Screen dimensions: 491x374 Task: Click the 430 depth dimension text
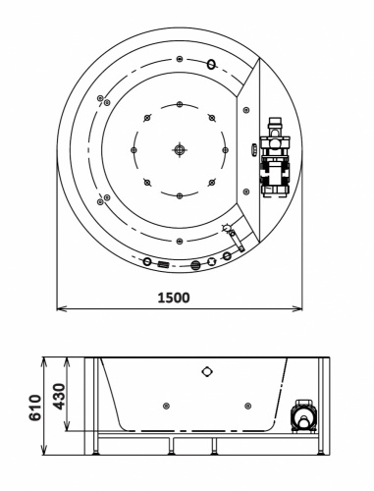(58, 396)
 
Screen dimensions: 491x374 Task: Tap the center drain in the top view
(179, 149)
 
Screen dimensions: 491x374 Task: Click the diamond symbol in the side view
(206, 371)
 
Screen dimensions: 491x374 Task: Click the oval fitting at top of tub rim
(210, 65)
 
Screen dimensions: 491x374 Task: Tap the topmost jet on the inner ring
(179, 105)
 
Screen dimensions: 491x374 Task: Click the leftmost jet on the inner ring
(134, 149)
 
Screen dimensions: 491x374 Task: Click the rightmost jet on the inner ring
(223, 149)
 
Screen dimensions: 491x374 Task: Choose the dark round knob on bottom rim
(194, 263)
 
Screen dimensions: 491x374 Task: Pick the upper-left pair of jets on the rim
(101, 99)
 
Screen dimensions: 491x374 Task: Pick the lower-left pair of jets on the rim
(101, 199)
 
